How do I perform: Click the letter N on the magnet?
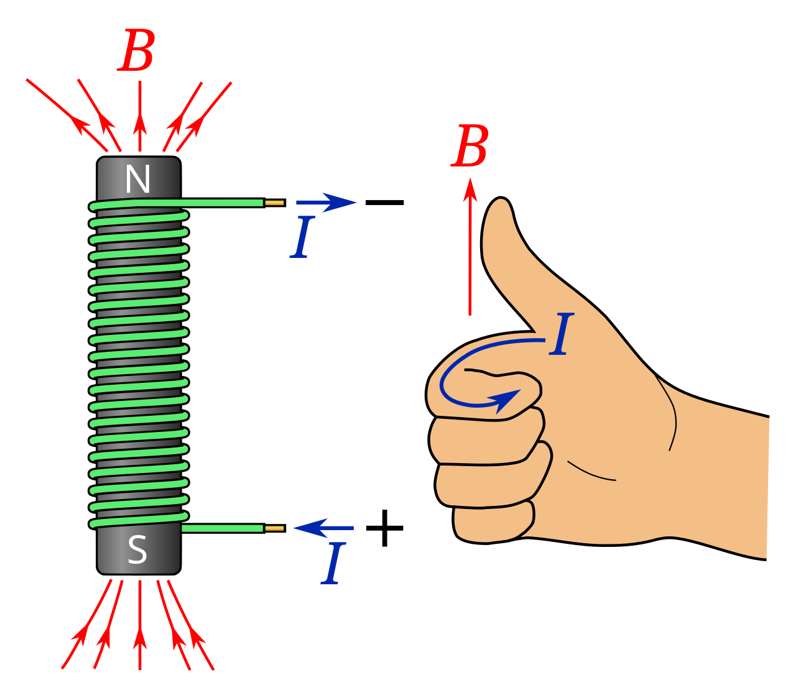137,180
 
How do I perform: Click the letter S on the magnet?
137,550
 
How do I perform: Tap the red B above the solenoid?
137,52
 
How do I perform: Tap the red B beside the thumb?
470,147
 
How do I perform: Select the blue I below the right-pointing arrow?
302,237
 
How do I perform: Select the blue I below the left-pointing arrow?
333,565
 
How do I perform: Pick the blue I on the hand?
561,335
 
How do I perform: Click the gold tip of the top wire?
274,203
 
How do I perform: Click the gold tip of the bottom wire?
274,528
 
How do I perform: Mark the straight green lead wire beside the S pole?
222,528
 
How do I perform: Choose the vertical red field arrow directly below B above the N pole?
140,118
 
